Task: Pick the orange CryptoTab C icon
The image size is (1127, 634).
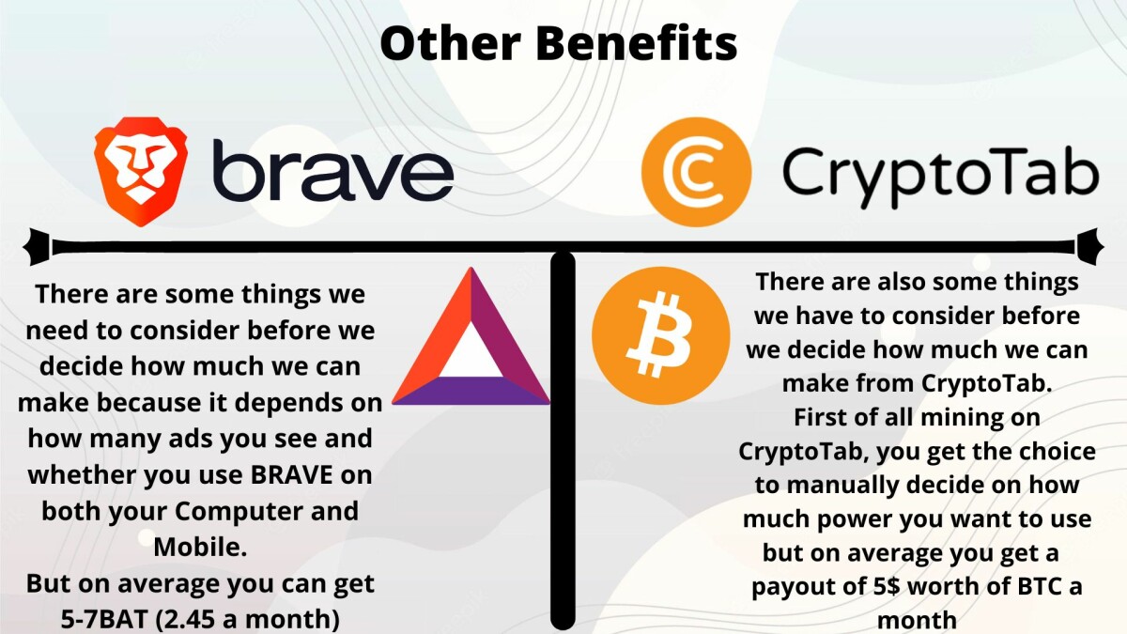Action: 696,171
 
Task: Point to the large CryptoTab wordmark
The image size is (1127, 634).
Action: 939,177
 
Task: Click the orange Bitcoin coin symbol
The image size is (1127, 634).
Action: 660,334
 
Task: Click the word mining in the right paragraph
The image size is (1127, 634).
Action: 957,417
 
